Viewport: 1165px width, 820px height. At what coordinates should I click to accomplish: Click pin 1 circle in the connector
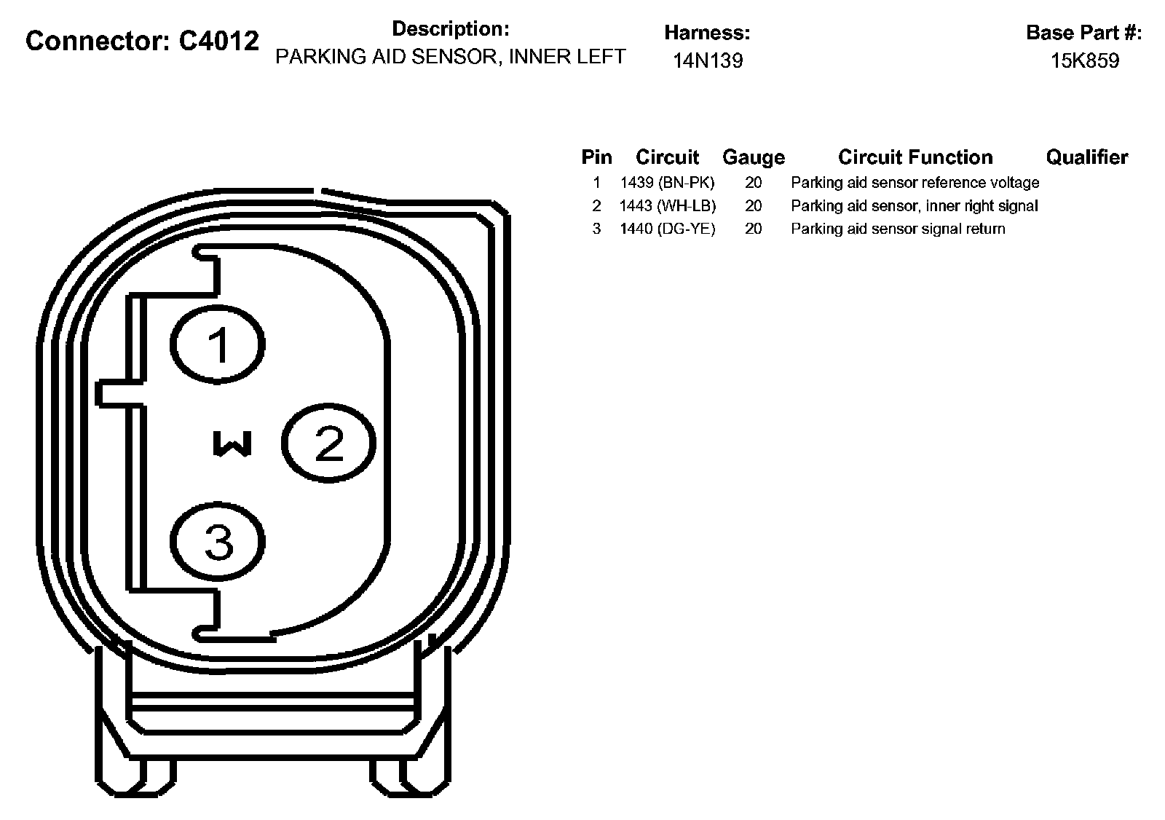click(218, 344)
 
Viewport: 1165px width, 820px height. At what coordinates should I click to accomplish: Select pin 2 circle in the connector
click(328, 443)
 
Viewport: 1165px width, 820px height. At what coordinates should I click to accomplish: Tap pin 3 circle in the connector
click(218, 542)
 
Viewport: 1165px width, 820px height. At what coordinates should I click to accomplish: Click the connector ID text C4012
click(218, 42)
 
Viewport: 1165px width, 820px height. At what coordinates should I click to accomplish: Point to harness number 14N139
click(707, 60)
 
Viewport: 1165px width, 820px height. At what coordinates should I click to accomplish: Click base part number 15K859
click(1084, 60)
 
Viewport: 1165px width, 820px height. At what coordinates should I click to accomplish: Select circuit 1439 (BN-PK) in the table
click(667, 182)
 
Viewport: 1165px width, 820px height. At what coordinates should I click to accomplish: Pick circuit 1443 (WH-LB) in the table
click(667, 205)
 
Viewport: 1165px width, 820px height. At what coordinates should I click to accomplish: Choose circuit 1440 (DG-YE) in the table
click(667, 229)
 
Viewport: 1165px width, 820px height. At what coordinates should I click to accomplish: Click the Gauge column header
click(754, 157)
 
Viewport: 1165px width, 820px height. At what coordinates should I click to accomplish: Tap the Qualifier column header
click(1086, 157)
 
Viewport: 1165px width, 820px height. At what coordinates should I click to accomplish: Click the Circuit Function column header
click(915, 157)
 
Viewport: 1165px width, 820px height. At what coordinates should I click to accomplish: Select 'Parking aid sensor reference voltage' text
click(915, 182)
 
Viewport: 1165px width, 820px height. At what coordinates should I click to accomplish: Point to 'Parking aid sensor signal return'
click(898, 229)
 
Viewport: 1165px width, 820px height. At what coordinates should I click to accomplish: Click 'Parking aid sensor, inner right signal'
click(915, 205)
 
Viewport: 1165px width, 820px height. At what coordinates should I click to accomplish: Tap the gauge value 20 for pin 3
click(754, 229)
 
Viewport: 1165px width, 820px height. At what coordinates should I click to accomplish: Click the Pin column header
click(596, 157)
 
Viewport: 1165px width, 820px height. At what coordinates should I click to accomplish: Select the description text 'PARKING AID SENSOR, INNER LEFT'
click(450, 57)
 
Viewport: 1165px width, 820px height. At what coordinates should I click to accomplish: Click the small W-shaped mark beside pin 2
click(232, 443)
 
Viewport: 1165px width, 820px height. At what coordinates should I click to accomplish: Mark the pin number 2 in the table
click(596, 205)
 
